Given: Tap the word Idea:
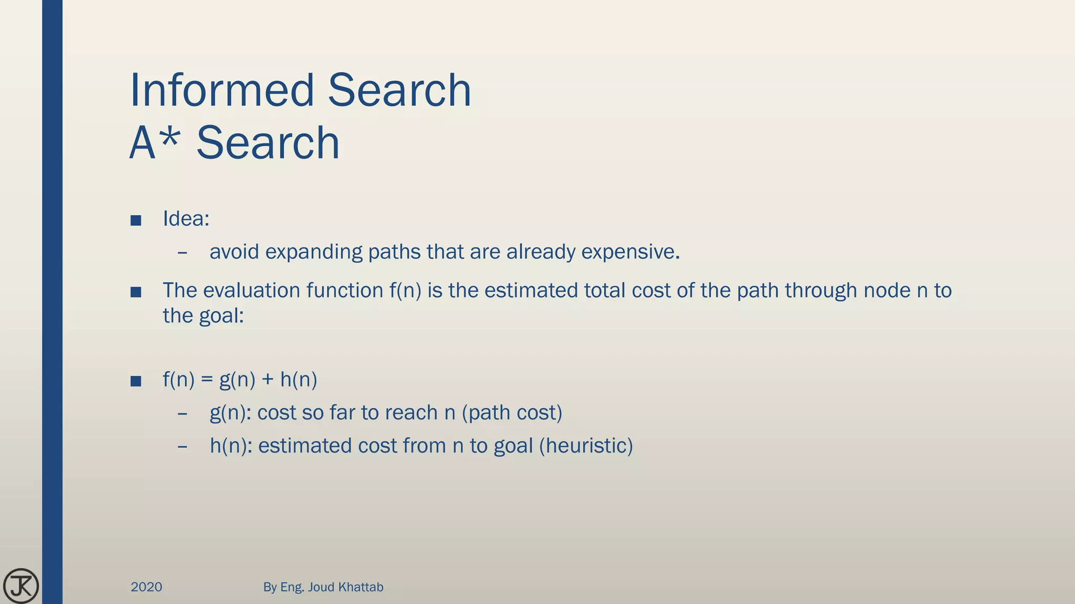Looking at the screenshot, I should pos(186,219).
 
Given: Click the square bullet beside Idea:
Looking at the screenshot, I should pos(136,220).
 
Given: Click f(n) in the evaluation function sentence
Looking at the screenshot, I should pos(405,290).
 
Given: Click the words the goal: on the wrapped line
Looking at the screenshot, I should pos(203,316).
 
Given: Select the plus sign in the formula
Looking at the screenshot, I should pos(268,380).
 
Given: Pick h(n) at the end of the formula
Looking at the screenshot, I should pos(299,380).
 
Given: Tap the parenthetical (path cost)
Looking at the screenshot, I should pos(512,413).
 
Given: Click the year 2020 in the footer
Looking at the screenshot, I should pos(146,587).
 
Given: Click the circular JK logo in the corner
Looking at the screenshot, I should pos(21,586).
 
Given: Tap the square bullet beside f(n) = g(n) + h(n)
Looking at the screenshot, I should pos(136,381).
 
